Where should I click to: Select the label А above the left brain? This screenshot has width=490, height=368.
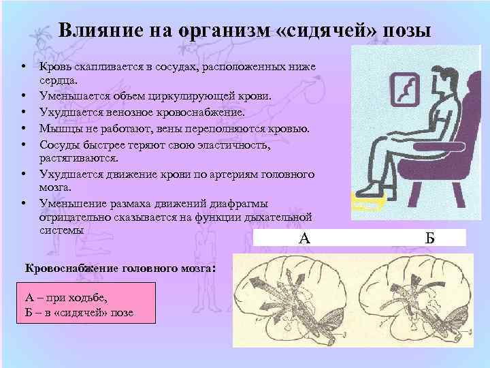pos(304,238)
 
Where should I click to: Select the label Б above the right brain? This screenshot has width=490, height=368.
pos(429,238)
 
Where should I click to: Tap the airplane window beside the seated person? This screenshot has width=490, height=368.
pos(404,89)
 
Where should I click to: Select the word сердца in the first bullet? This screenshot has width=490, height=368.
pos(58,81)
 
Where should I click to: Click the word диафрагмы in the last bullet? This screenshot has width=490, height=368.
pos(240,203)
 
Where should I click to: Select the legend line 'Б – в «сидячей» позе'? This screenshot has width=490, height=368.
pos(79,312)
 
